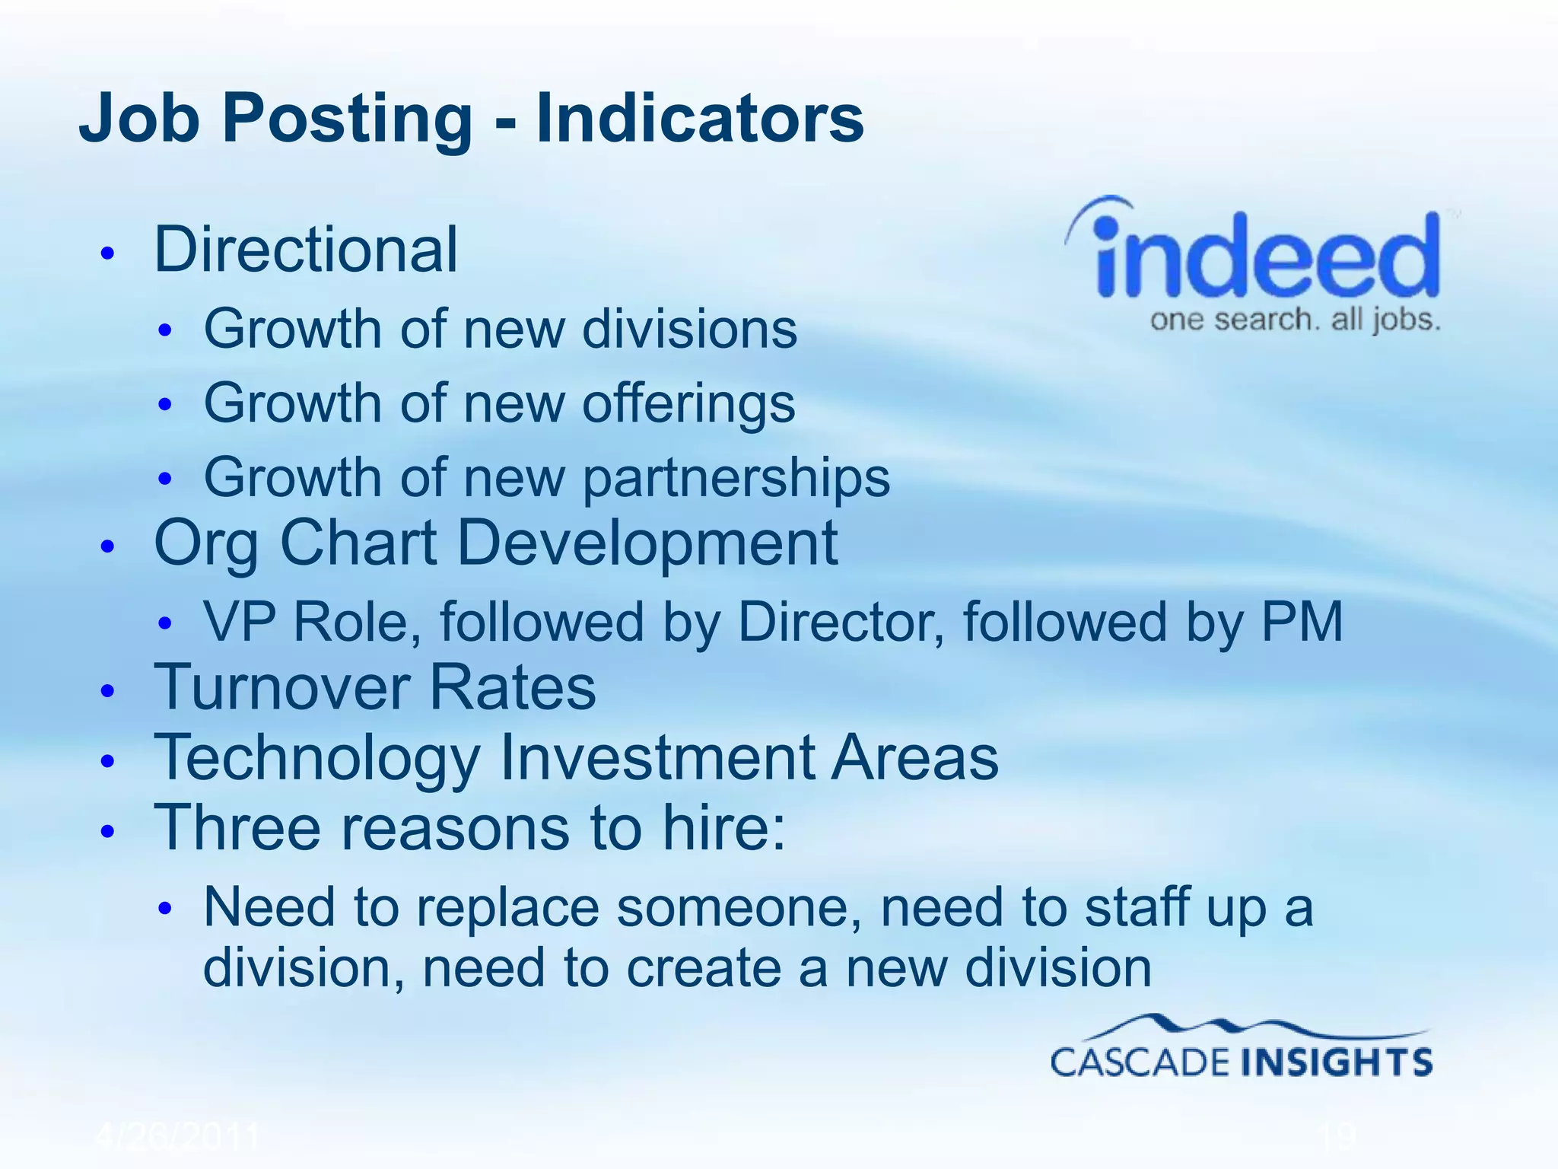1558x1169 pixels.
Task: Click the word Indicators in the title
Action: pos(700,118)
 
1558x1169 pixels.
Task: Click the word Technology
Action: pos(316,760)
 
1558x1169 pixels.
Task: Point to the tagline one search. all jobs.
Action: pos(1295,320)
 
